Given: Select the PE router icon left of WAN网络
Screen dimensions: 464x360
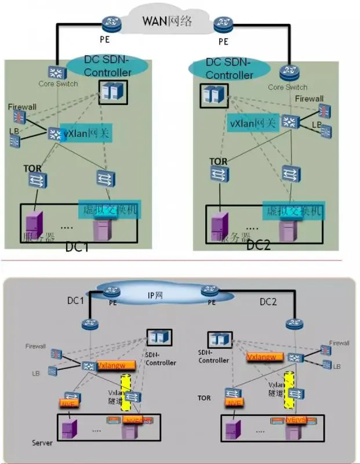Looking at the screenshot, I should [109, 24].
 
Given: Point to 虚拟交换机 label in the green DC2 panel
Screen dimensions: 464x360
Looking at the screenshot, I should [293, 211].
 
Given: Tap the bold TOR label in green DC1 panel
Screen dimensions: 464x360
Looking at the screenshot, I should [32, 168].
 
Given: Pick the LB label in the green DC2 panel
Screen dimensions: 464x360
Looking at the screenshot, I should [317, 125].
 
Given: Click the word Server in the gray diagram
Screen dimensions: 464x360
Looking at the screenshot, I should [42, 443].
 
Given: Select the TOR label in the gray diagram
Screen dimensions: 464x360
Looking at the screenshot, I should [204, 398].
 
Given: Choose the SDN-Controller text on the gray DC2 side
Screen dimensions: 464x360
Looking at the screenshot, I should [214, 356].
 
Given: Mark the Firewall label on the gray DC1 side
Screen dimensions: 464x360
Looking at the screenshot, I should [35, 346].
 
